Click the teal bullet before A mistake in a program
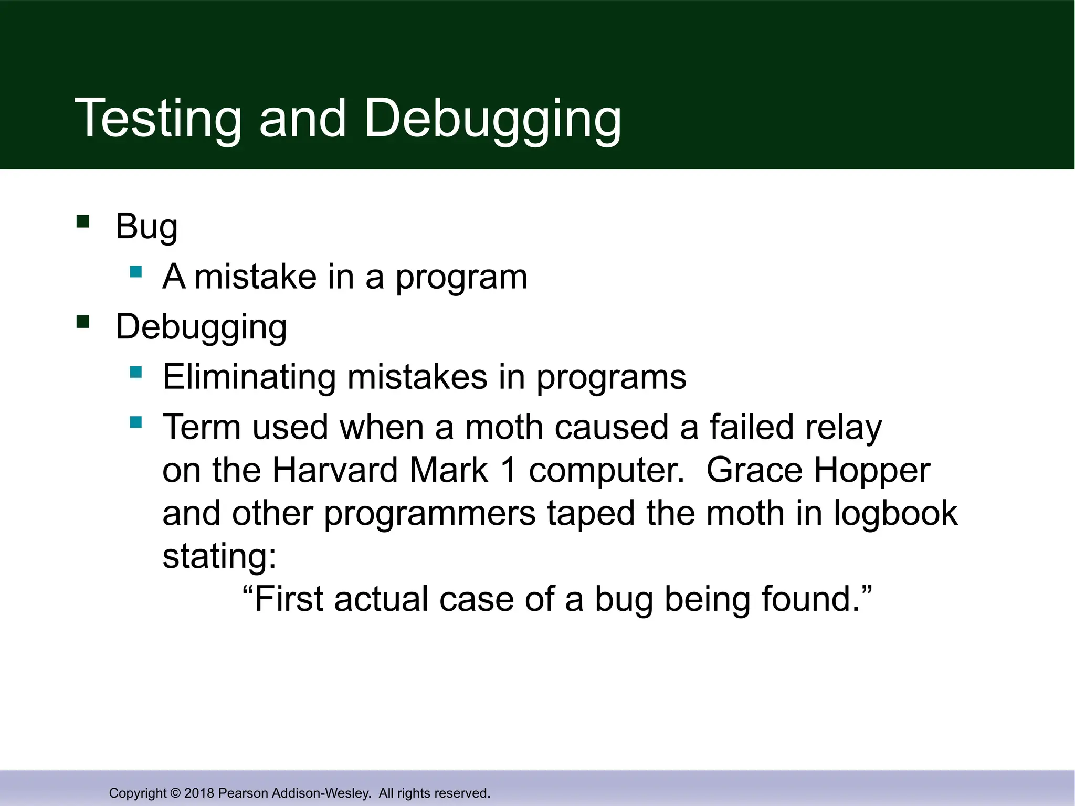pyautogui.click(x=136, y=272)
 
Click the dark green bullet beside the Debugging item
pyautogui.click(x=83, y=321)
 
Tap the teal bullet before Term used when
pyautogui.click(x=136, y=422)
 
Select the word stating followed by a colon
pyautogui.click(x=218, y=556)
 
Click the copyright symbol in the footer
pyautogui.click(x=175, y=793)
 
